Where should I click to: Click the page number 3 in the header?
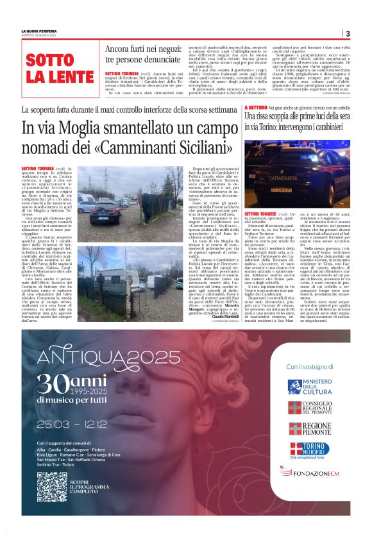348,33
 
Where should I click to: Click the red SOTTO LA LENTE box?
58,69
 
